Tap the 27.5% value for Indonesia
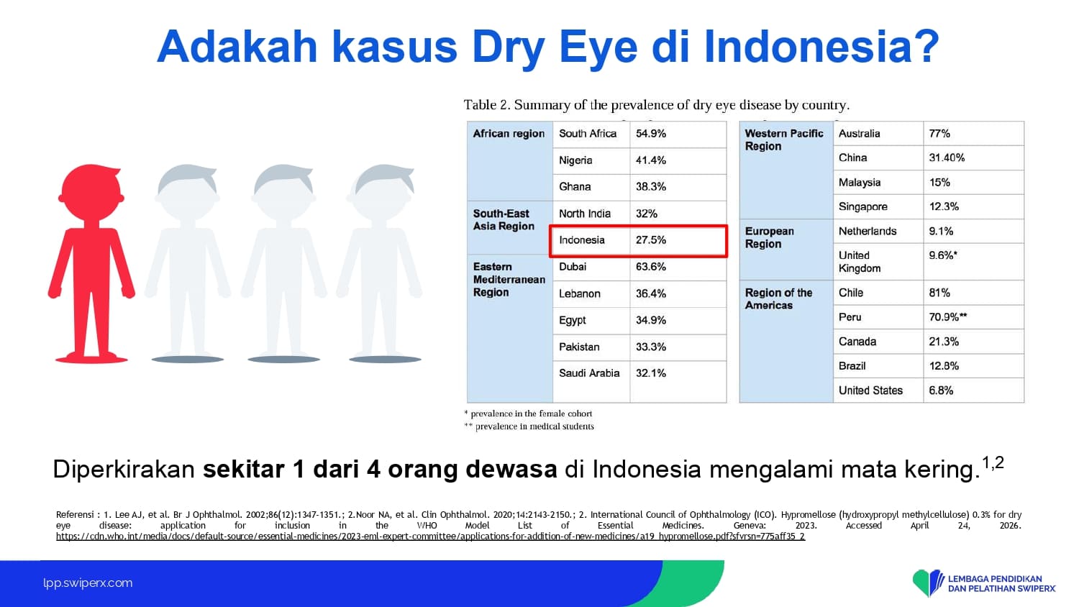(651, 240)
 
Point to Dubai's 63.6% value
(651, 267)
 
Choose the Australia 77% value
(939, 134)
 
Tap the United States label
(870, 391)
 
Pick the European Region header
(769, 237)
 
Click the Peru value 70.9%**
(948, 317)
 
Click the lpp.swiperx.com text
(88, 583)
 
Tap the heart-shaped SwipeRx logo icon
(928, 583)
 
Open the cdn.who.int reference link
(430, 537)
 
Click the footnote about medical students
(529, 426)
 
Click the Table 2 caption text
(657, 105)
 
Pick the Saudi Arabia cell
(589, 373)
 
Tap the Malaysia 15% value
(939, 183)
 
